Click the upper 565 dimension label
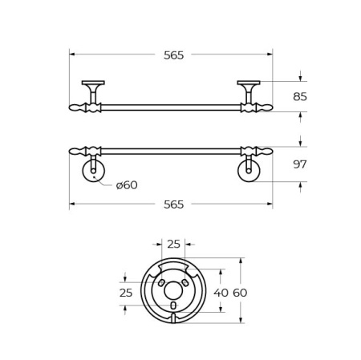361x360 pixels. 173,55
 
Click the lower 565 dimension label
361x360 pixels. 173,204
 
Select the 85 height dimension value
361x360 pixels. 300,97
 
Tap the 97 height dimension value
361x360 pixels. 300,164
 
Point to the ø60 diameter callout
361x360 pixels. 127,185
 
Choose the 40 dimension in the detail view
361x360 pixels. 221,293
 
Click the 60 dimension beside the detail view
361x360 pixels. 240,293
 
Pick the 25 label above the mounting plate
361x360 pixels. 173,245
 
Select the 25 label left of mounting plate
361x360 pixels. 126,293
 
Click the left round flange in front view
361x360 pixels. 94,171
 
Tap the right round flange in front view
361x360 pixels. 249,171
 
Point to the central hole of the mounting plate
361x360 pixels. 173,290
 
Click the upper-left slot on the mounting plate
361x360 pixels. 162,283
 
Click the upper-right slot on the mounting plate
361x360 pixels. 185,283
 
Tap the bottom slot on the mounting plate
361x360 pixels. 173,305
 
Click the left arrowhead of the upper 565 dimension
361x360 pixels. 72,55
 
